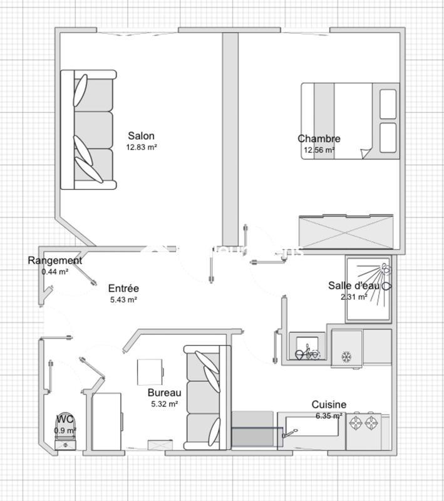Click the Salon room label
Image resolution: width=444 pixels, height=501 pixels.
(141, 136)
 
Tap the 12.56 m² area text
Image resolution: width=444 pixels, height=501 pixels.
(319, 150)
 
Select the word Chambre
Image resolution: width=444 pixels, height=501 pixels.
(319, 139)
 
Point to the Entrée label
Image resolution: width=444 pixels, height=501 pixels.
(123, 288)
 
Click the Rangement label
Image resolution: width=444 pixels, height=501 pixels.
(54, 261)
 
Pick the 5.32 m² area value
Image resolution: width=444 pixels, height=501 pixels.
(165, 404)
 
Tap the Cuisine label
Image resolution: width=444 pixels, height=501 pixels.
(329, 405)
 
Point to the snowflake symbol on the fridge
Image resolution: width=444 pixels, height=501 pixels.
(346, 356)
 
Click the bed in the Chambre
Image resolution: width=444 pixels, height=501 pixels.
(349, 121)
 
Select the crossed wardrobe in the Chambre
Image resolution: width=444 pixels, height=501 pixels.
(346, 232)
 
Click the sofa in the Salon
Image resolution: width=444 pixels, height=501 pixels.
(88, 130)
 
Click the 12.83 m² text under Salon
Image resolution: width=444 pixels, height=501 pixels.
(141, 147)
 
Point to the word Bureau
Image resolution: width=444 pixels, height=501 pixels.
(165, 393)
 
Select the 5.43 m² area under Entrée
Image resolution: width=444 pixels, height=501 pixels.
(123, 299)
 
